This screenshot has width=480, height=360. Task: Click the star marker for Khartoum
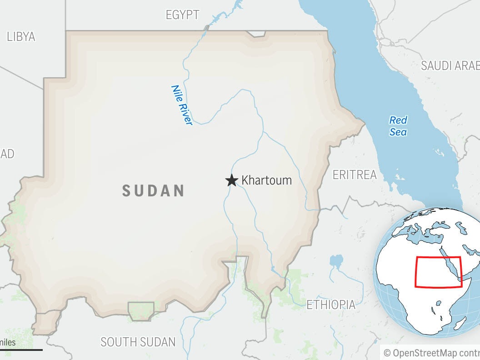(232, 180)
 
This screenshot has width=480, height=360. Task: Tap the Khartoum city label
(266, 180)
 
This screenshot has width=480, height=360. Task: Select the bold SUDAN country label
(153, 190)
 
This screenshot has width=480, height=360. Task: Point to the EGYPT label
(182, 15)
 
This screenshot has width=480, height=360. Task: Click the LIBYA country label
(21, 37)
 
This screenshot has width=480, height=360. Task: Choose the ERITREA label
(355, 175)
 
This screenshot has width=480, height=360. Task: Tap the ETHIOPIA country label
(331, 304)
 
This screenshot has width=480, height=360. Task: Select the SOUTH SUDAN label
(138, 342)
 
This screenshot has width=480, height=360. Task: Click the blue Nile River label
(181, 105)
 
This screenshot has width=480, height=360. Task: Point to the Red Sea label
(398, 126)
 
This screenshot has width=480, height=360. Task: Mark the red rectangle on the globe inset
(438, 272)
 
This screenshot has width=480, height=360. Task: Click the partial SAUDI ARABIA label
(450, 65)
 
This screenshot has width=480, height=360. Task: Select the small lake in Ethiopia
(336, 260)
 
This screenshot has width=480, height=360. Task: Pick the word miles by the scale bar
(8, 342)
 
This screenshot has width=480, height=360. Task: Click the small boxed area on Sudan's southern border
(141, 310)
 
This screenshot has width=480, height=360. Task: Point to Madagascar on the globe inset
(459, 323)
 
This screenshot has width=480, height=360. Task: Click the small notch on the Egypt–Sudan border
(256, 34)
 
